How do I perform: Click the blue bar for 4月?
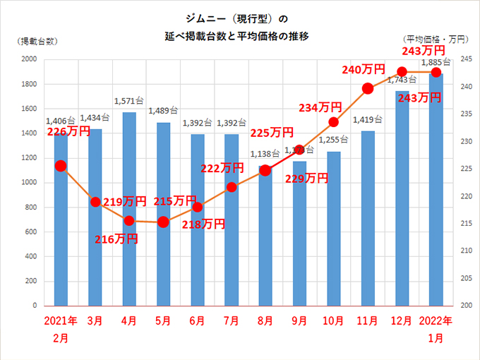click(x=128, y=212)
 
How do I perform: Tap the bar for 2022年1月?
click(x=436, y=191)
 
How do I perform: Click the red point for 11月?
click(x=367, y=88)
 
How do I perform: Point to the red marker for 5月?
click(x=163, y=222)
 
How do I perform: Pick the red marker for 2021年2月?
click(x=61, y=166)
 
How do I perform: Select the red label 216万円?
click(x=116, y=239)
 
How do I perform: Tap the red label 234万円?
click(x=320, y=107)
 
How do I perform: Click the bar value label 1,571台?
click(x=128, y=104)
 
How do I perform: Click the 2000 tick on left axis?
click(x=29, y=59)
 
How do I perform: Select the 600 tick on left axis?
click(x=31, y=232)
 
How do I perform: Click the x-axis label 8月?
click(x=265, y=321)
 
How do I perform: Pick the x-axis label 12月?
click(x=402, y=321)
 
